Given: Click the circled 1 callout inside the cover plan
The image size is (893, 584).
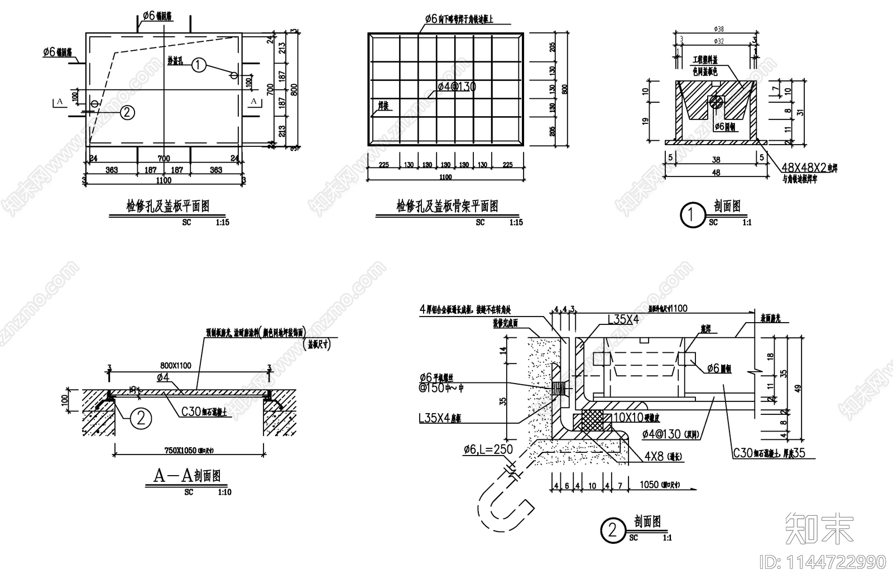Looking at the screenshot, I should [199, 65].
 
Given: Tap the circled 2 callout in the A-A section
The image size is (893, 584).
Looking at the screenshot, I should [140, 418].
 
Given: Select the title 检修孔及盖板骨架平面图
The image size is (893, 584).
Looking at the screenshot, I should [446, 207].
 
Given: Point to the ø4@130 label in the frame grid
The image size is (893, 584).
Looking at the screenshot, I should [457, 87].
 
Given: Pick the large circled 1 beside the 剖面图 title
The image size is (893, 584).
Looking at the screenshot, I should [693, 215].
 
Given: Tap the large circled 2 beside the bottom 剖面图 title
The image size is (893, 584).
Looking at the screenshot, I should [612, 530].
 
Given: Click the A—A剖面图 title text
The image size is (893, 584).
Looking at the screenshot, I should [186, 476].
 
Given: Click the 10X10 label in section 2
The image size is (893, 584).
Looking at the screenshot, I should [628, 417].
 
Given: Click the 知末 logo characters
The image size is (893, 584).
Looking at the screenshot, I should [819, 528].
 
